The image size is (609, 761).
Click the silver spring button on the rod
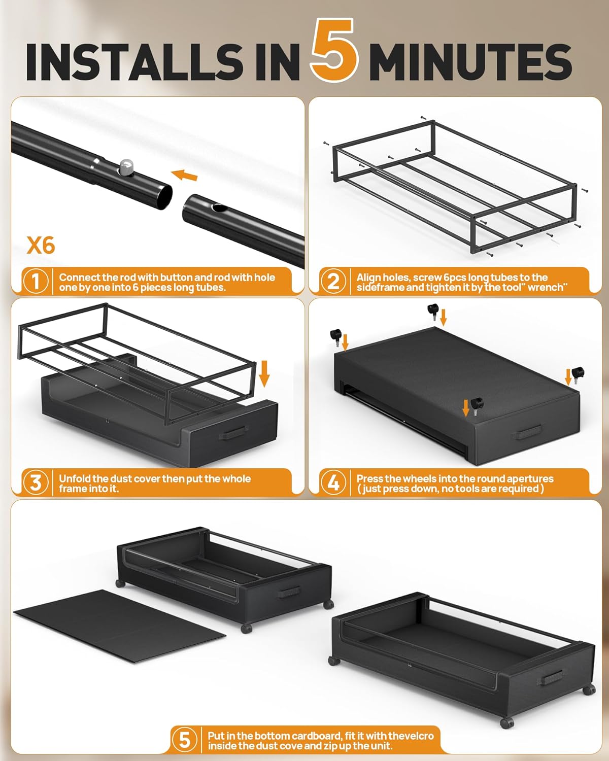click(126, 166)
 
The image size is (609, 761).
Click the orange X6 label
click(41, 246)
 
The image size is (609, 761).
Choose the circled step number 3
click(36, 482)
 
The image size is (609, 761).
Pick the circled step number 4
click(333, 482)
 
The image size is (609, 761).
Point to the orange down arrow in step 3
click(264, 373)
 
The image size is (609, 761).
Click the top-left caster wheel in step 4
click(335, 335)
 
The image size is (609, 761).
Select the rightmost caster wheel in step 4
click(578, 373)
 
